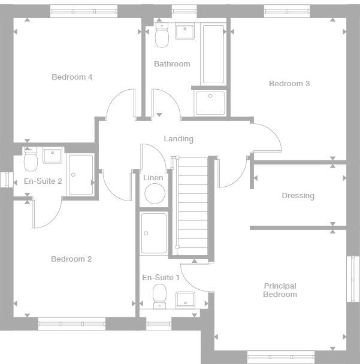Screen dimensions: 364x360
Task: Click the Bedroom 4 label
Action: (x=72, y=77)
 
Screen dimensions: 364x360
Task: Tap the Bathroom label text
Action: (x=172, y=64)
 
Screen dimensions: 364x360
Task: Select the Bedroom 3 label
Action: (x=289, y=84)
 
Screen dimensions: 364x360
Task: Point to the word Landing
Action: (x=179, y=139)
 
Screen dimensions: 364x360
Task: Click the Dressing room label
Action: (x=298, y=196)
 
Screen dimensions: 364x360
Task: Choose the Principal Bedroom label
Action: (x=280, y=290)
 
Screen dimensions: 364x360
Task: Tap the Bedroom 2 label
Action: (x=71, y=259)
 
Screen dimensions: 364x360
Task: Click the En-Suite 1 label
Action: (x=161, y=278)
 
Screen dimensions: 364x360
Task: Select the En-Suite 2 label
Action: (x=43, y=181)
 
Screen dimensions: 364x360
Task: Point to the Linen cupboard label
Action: (x=153, y=178)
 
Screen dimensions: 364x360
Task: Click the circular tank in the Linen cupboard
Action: (x=154, y=194)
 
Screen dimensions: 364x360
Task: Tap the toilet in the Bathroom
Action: (x=161, y=36)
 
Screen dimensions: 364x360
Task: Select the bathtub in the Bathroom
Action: (x=213, y=54)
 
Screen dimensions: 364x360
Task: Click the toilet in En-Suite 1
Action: (x=159, y=296)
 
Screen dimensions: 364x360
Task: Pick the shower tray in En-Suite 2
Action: (x=80, y=175)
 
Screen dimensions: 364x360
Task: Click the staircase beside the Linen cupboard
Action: (x=192, y=204)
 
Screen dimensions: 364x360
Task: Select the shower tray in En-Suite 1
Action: (x=154, y=233)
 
